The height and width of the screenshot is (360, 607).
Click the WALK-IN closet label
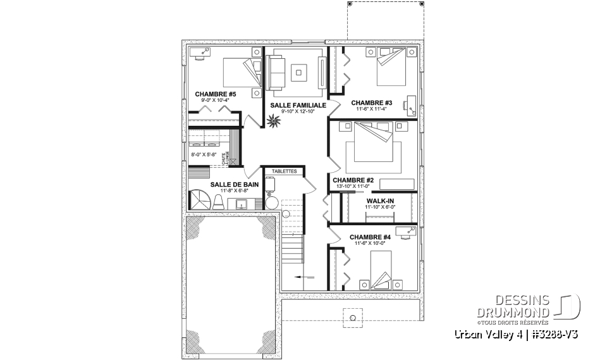pyautogui.click(x=379, y=201)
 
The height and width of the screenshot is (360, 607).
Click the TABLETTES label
pyautogui.click(x=283, y=171)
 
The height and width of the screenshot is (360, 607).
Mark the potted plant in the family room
pyautogui.click(x=274, y=120)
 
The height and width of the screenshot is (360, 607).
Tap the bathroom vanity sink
pyautogui.click(x=241, y=204)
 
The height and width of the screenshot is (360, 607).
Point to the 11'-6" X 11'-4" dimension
pyautogui.click(x=372, y=109)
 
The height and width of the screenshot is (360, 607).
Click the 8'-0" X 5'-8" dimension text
pyautogui.click(x=204, y=153)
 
